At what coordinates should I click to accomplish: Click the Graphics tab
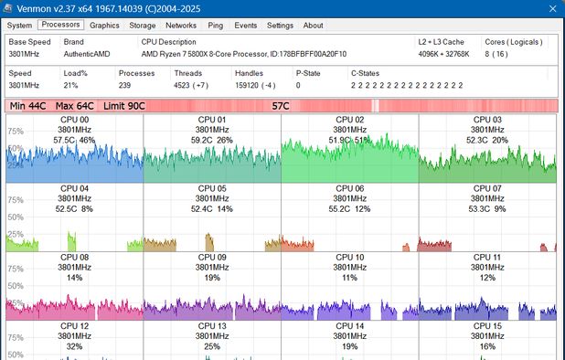[104, 26]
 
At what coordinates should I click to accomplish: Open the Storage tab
[142, 26]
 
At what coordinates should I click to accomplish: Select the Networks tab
[181, 26]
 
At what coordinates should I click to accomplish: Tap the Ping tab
[215, 26]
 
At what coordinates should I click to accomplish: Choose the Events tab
[245, 26]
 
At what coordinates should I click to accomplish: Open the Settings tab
[280, 26]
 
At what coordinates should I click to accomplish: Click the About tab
[313, 26]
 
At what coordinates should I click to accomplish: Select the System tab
[18, 26]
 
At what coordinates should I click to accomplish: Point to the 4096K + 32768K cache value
[444, 54]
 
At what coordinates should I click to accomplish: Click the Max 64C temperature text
[74, 106]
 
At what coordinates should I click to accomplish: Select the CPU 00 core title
[74, 120]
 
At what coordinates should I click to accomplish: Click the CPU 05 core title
[212, 188]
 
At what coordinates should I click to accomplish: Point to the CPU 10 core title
[349, 257]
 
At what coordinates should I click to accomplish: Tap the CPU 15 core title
[487, 325]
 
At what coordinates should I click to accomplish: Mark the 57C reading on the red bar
[282, 106]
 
